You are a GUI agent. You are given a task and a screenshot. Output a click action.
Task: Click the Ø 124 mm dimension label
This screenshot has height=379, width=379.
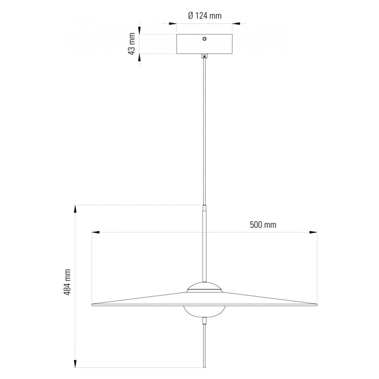click(x=205, y=16)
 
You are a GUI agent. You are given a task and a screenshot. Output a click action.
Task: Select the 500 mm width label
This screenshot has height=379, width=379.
click(x=263, y=224)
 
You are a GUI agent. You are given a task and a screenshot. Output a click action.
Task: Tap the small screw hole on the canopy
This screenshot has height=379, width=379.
click(x=205, y=39)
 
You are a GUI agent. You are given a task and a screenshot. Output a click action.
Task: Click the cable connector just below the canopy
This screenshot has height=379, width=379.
click(x=205, y=56)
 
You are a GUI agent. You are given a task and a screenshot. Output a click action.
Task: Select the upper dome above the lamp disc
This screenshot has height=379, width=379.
click(x=204, y=287)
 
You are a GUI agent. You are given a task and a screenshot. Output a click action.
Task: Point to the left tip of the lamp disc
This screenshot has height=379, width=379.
click(x=93, y=304)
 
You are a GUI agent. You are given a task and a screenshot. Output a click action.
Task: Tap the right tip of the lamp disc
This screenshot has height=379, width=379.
click(x=316, y=304)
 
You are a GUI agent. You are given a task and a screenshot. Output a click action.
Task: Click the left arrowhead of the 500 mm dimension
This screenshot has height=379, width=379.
click(x=95, y=233)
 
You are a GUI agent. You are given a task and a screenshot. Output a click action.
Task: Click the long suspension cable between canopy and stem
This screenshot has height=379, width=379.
click(x=205, y=130)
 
